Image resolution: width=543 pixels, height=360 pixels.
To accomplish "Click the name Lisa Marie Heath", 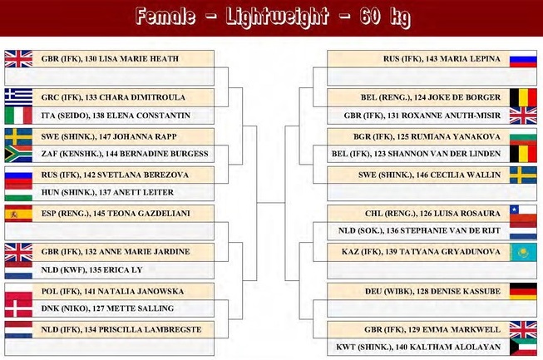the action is pos(139,59).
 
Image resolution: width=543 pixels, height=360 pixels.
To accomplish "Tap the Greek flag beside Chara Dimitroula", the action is pos(18,97).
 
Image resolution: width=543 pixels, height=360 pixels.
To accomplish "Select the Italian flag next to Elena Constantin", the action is pos(18,116).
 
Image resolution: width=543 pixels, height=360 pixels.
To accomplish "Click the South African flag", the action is pos(18,154).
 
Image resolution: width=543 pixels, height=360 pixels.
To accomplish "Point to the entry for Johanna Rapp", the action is pos(109,136).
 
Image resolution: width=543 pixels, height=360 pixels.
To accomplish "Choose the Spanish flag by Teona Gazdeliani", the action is pos(18,214).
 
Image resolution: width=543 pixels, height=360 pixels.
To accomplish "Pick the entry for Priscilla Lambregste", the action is pos(121,329).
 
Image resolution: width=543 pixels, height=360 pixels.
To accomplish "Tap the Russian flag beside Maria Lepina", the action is pos(523,59).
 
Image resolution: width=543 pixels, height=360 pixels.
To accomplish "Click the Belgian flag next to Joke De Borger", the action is pos(523,97).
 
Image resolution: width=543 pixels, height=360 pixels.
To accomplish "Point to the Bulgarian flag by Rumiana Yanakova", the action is pos(523,136).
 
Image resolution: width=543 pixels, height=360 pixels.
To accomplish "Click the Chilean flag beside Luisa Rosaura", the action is pos(523,214).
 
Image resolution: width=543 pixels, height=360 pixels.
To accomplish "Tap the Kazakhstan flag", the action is pos(523,252).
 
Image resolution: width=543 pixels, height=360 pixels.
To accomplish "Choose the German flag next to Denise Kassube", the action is pos(523,292).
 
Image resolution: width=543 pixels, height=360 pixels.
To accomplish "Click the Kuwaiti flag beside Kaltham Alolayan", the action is pos(523,347).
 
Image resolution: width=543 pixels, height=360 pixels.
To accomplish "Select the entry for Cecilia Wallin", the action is pos(429,175).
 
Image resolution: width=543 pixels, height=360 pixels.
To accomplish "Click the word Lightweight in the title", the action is pos(277,17).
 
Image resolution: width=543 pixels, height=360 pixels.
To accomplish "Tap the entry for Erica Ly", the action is pos(91,270).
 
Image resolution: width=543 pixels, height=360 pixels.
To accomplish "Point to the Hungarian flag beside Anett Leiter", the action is pos(18,192).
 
